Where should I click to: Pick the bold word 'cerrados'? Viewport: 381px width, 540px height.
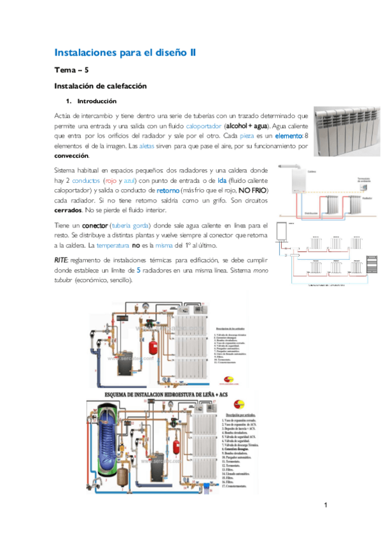pos(68,210)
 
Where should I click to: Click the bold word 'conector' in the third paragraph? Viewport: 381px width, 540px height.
pos(94,226)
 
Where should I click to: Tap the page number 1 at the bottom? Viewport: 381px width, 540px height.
pos(325,506)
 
